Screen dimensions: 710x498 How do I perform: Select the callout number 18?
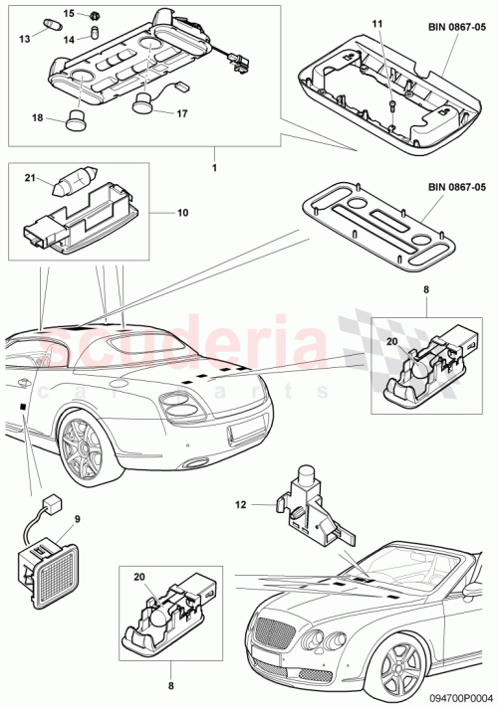(x=37, y=117)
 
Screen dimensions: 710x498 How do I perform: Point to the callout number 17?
(x=182, y=113)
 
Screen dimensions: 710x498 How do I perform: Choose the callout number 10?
(x=182, y=213)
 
